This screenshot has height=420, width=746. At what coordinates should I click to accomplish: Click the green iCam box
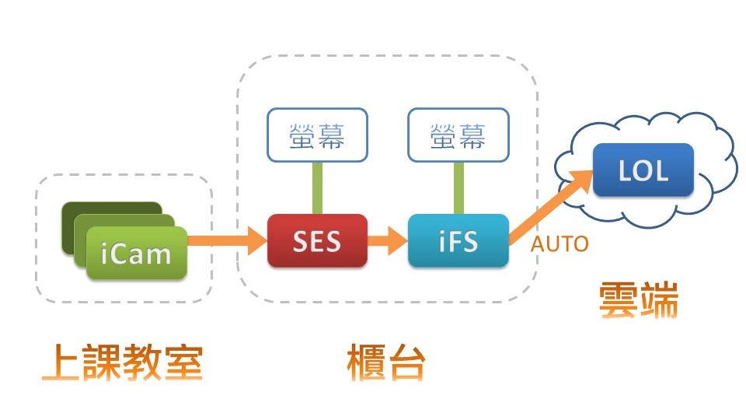pos(136,253)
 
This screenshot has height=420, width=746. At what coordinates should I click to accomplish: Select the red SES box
pos(317,241)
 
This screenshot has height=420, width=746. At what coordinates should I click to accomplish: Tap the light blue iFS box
pos(458,241)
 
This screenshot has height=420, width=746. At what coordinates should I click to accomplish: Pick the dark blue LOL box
pos(643,170)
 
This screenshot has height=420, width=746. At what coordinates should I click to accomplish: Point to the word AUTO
pos(559,244)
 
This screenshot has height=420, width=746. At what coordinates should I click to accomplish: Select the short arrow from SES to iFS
pos(388,240)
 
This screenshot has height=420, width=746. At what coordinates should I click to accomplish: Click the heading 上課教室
pos(122,362)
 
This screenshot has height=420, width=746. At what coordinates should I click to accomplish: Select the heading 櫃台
pos(386,362)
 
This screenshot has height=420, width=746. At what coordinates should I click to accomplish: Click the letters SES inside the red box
pos(317,242)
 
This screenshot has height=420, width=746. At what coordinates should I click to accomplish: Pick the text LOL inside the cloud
pos(643,170)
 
